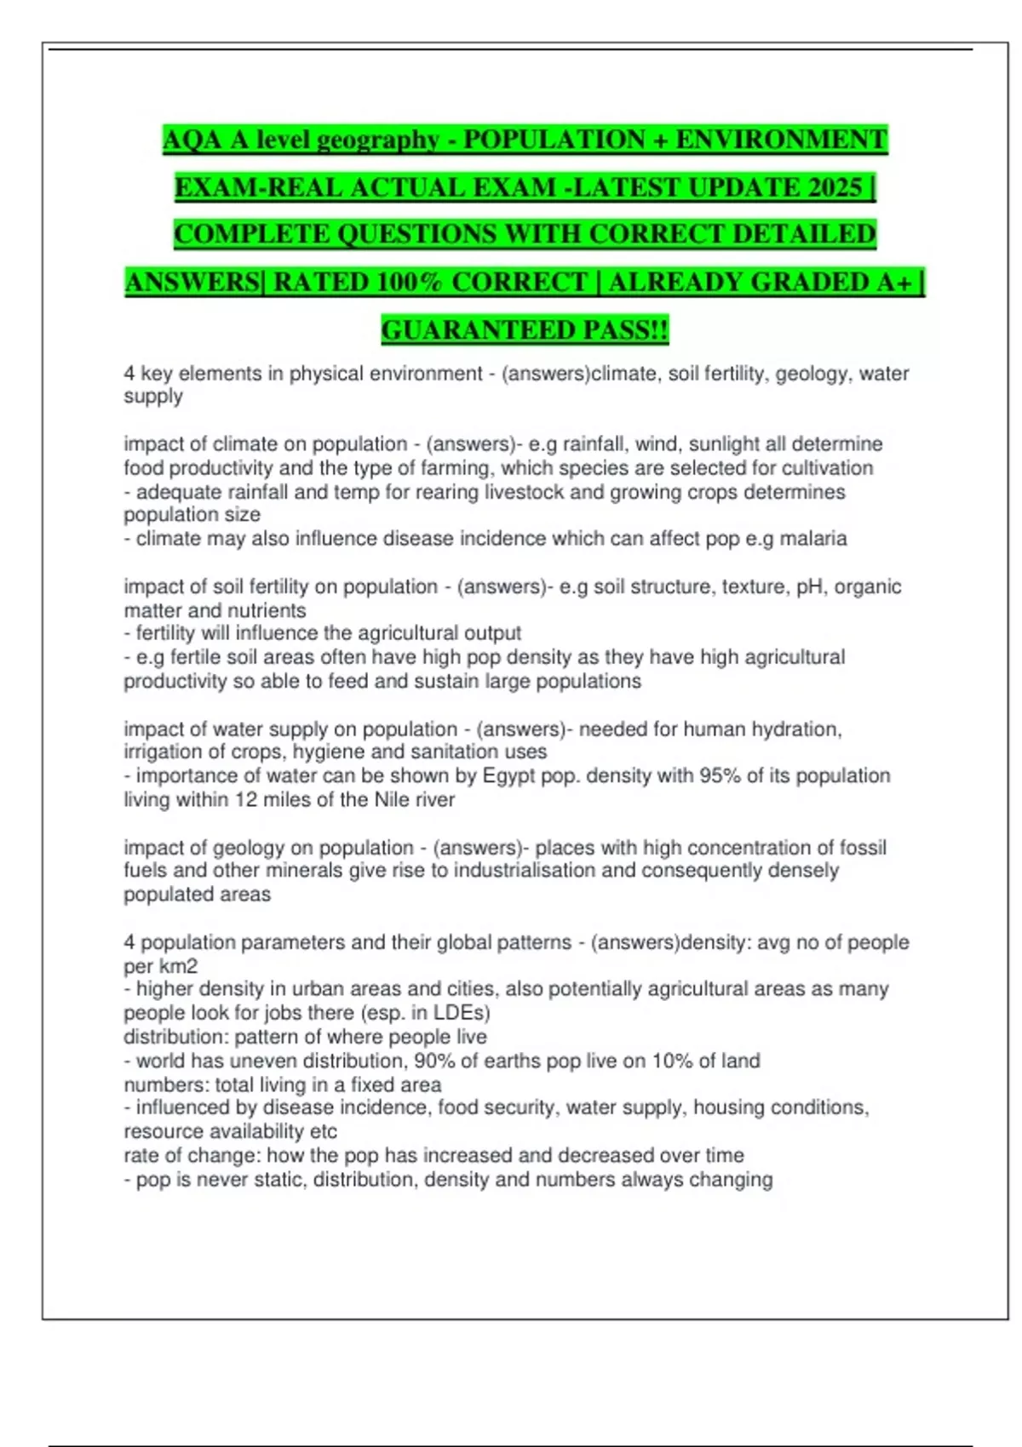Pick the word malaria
(x=813, y=539)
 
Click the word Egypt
(x=509, y=775)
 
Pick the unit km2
(x=178, y=966)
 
